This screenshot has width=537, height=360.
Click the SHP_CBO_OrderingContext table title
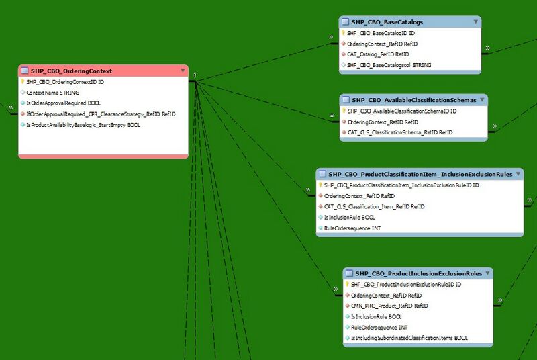[71, 71]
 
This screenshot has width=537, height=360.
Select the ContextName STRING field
[52, 92]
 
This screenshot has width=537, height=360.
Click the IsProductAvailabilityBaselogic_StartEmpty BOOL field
[83, 124]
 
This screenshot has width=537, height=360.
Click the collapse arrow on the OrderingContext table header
[182, 71]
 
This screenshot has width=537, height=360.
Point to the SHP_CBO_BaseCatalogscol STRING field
[389, 65]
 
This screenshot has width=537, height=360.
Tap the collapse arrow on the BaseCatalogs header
[475, 22]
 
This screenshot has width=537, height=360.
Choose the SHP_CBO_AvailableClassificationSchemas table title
[413, 100]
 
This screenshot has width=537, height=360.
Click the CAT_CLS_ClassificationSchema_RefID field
[400, 132]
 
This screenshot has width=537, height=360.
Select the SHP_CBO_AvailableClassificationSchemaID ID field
[401, 111]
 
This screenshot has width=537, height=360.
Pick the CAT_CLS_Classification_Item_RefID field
[375, 206]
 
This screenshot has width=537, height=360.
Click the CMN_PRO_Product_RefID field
[389, 306]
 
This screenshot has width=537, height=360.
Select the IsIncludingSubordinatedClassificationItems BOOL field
[409, 338]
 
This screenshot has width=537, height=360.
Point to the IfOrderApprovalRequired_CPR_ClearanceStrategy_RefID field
[101, 114]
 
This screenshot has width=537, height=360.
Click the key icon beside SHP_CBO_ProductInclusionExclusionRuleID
[346, 285]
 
